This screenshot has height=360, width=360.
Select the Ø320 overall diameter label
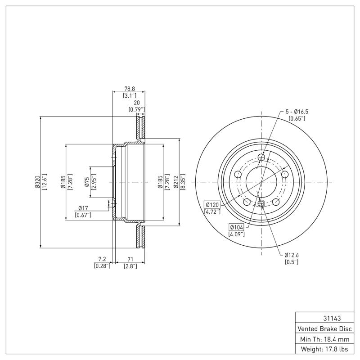tap(38, 182)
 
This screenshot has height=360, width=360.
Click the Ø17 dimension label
tap(83, 208)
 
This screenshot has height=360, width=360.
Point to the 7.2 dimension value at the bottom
tap(102, 259)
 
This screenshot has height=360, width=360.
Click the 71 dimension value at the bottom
tap(130, 259)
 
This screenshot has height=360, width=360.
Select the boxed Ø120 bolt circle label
tap(212, 204)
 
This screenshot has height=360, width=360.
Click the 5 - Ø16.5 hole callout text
tap(297, 111)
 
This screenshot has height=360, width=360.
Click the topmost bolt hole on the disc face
tap(262, 157)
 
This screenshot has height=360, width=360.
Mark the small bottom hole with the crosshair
tap(261, 204)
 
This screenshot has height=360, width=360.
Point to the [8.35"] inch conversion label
tap(183, 182)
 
